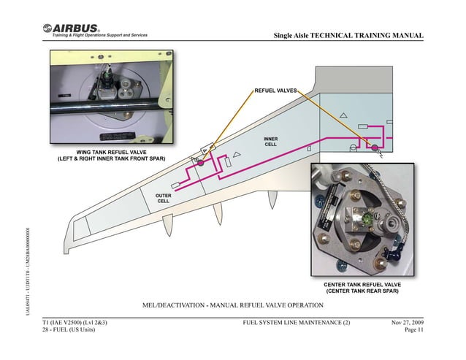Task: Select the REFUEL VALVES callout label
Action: pyautogui.click(x=275, y=91)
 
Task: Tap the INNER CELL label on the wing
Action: pyautogui.click(x=270, y=140)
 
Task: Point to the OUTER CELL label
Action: pyautogui.click(x=164, y=198)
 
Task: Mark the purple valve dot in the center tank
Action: pyautogui.click(x=375, y=148)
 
